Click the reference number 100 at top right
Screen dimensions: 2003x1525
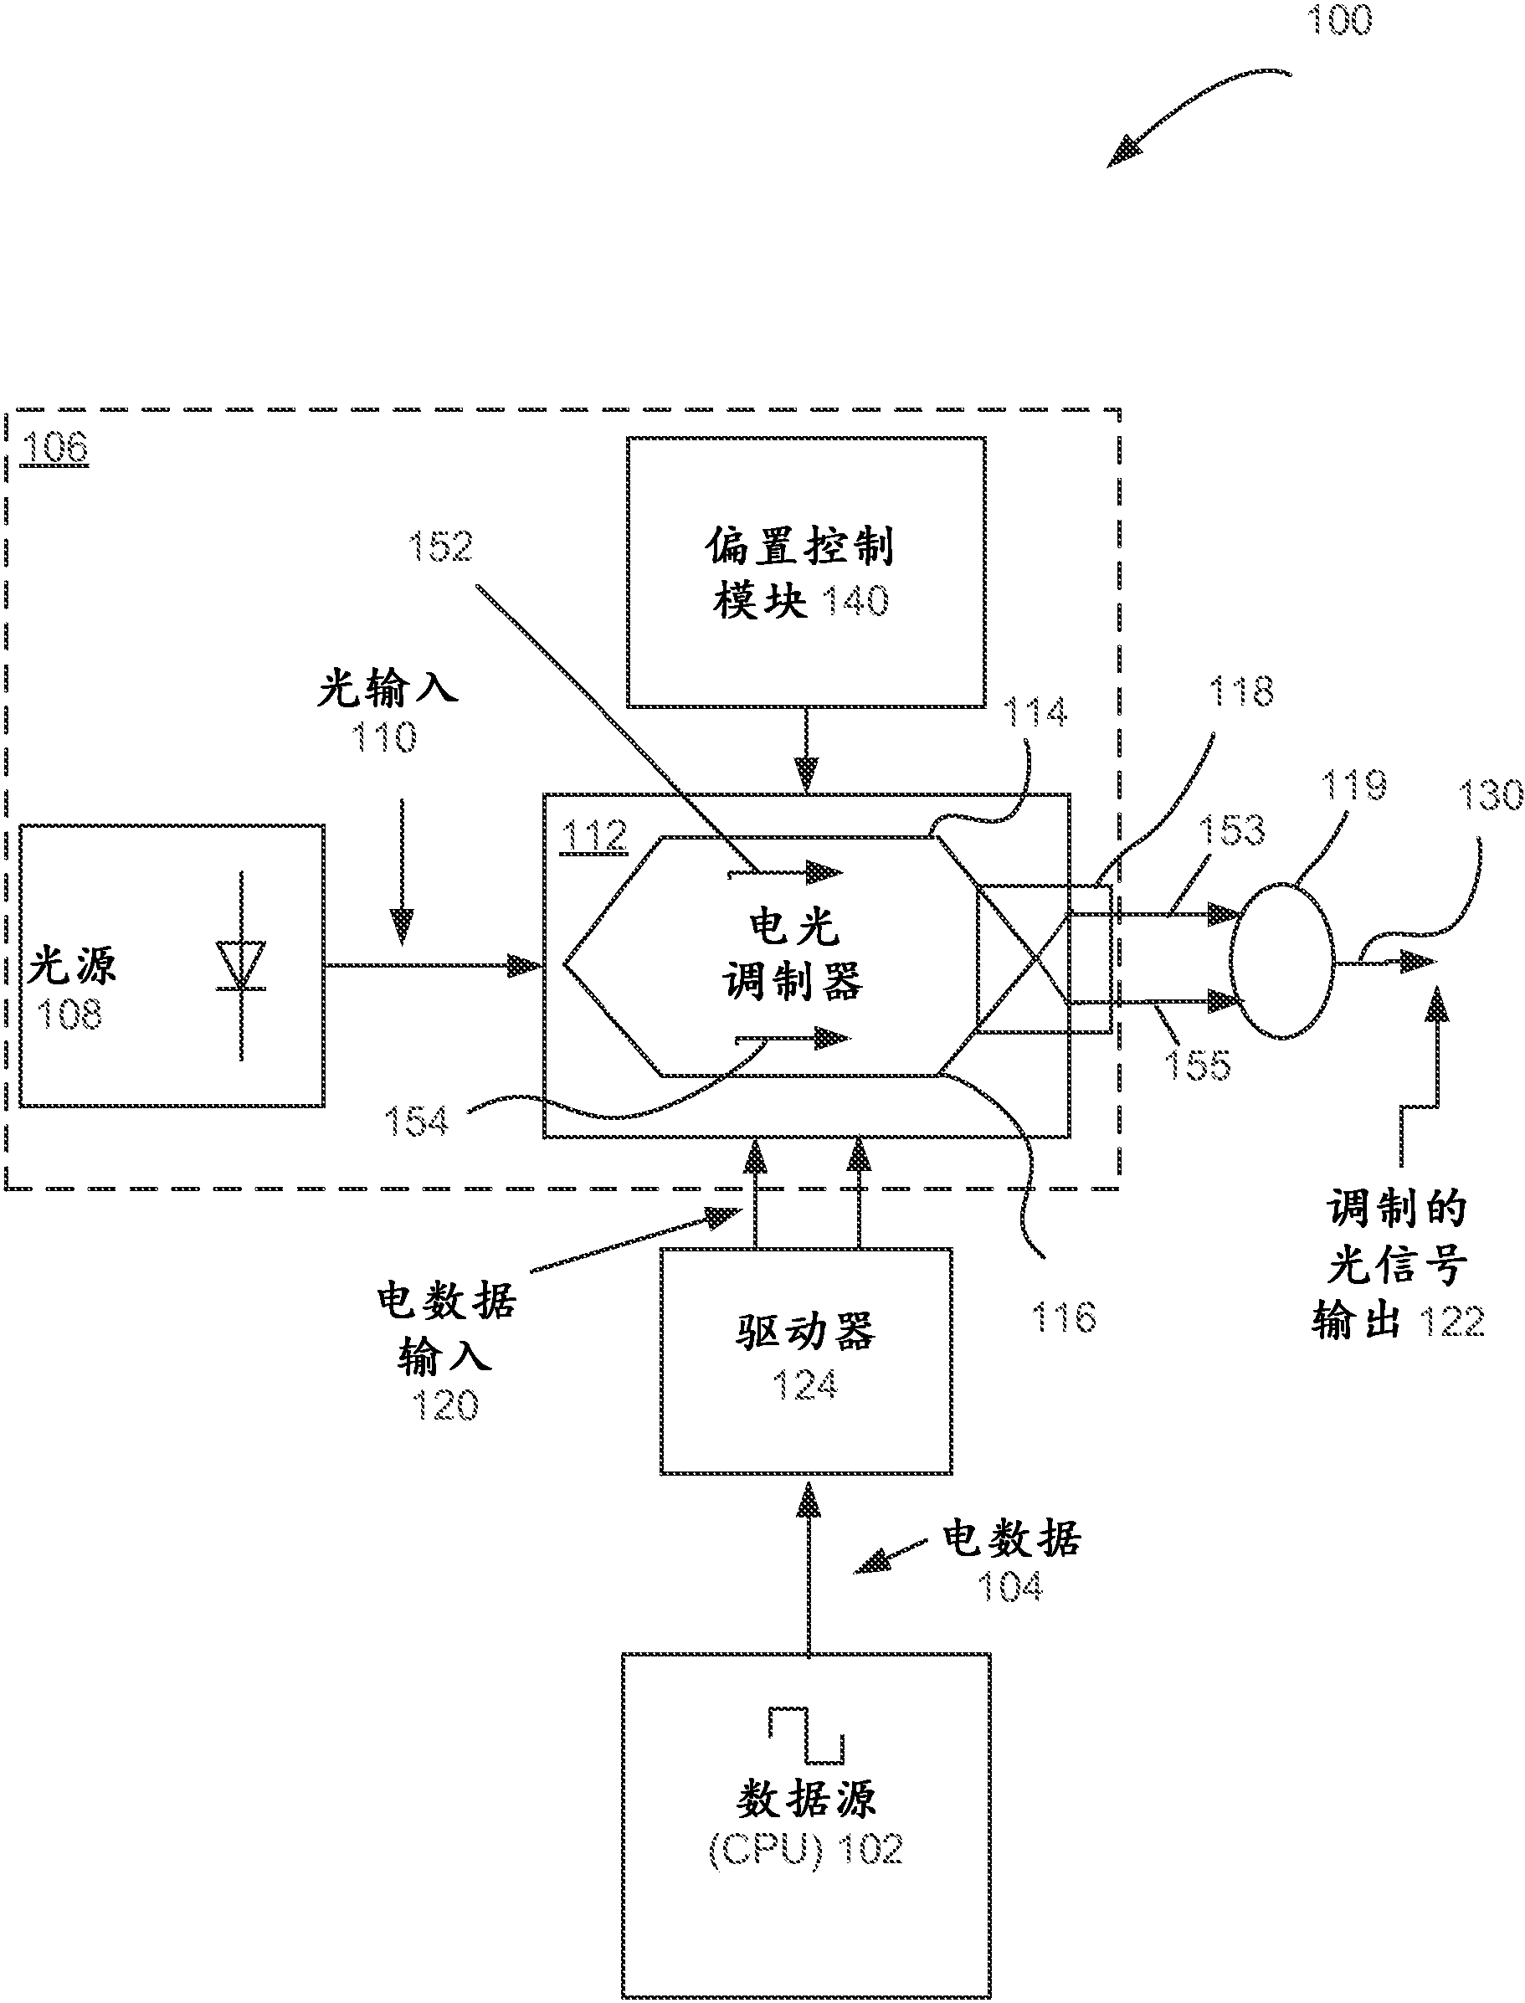tap(1339, 20)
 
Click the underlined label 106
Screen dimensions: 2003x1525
tap(54, 448)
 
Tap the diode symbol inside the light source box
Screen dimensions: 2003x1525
tap(240, 965)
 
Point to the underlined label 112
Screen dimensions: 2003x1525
tap(593, 836)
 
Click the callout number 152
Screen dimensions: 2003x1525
tap(440, 547)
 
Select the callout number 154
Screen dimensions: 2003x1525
tap(416, 1122)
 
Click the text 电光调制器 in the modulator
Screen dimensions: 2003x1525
tap(793, 954)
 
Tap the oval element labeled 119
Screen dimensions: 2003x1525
tap(1281, 960)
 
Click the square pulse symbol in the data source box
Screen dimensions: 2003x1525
tap(806, 1734)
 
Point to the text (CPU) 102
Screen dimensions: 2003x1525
tap(805, 1850)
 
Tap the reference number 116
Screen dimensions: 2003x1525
tap(1064, 1317)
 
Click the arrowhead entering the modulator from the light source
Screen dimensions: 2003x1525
tap(525, 966)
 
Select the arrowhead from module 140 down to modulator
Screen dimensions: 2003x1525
tap(806, 774)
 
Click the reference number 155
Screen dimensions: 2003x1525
tap(1197, 1066)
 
